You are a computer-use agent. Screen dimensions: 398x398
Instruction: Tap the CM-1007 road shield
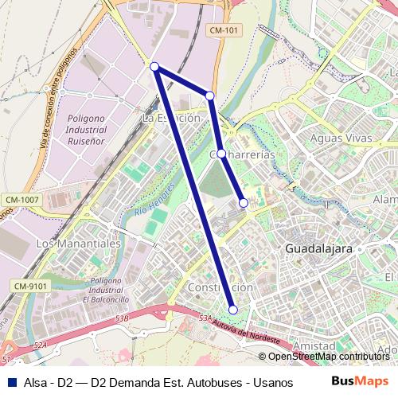point(21,198)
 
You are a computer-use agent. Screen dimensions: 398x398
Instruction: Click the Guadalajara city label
point(318,248)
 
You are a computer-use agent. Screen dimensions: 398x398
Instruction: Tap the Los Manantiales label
point(78,242)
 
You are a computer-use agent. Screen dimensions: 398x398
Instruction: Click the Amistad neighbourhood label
point(314,346)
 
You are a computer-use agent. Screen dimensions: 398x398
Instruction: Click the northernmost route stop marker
point(154,67)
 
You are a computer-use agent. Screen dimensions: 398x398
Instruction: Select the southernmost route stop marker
point(233,310)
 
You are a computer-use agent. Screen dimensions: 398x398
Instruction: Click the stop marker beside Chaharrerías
point(220,154)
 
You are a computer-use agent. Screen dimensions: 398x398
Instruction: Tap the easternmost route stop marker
point(244,203)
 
